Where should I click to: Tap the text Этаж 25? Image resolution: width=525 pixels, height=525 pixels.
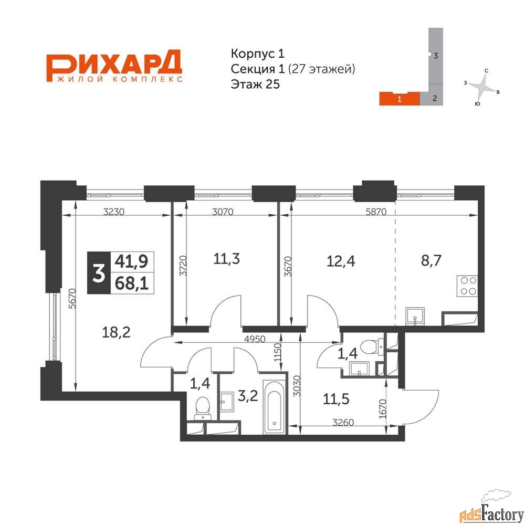coord(255,84)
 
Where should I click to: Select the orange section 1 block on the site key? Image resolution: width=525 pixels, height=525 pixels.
coord(399,99)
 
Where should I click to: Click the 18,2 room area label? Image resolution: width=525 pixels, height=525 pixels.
coord(116,332)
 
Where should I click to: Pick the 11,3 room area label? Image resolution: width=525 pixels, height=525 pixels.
coord(227,259)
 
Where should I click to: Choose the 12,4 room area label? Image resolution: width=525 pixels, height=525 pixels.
coord(341,261)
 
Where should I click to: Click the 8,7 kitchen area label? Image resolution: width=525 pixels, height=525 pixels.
coord(431,260)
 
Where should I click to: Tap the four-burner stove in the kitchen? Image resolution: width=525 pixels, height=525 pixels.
coord(467,286)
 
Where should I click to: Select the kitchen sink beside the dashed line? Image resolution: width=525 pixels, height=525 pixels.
coord(415,316)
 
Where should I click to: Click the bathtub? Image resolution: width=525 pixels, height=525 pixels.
coord(275,407)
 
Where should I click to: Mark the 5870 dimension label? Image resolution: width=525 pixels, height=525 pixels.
coord(376,212)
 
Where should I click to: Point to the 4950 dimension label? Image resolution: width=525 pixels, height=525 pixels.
coord(255,339)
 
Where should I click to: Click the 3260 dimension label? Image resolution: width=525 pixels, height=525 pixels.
coord(343,423)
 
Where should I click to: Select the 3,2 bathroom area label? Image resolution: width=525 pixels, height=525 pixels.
coord(248,396)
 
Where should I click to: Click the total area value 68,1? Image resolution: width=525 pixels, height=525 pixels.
coord(132,284)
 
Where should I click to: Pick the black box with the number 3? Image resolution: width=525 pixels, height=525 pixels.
coord(99,272)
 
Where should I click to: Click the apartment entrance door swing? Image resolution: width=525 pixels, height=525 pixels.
coord(421,407)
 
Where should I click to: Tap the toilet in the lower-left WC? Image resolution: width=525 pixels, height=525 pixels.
coord(203,408)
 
